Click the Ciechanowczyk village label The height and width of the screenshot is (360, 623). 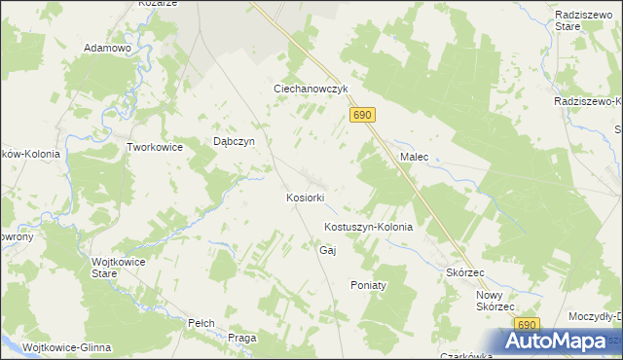(310, 89)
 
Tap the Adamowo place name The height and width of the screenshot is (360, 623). (107, 48)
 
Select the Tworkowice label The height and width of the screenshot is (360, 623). (156, 147)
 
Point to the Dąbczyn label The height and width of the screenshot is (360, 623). (234, 141)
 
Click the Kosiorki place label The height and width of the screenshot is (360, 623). (305, 198)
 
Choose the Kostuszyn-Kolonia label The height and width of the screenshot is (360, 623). (368, 227)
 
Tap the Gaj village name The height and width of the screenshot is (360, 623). (327, 250)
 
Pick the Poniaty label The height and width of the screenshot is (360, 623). (369, 285)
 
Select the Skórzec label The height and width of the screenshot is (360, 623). (465, 273)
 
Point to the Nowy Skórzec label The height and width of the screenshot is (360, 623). (495, 300)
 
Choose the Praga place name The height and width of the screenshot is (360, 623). (241, 338)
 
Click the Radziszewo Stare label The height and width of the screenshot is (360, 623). (581, 22)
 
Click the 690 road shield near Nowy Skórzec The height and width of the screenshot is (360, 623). (527, 325)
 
